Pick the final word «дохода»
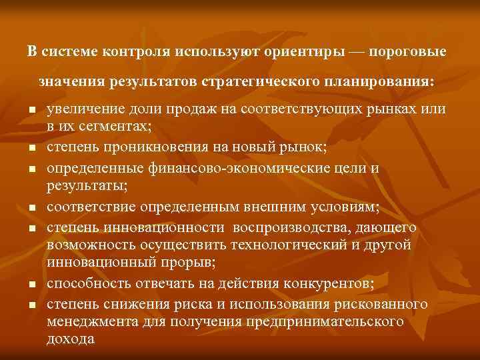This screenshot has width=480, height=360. pyautogui.click(x=71, y=339)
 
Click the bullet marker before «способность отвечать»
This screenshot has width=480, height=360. pyautogui.click(x=31, y=286)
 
